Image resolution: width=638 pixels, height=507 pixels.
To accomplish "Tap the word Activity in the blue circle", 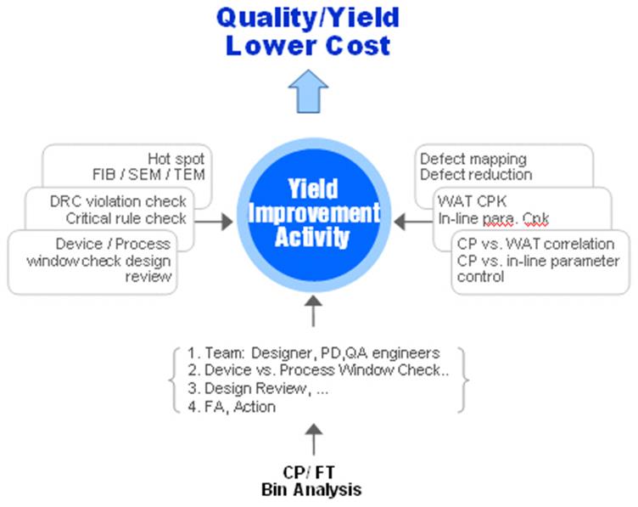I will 312,236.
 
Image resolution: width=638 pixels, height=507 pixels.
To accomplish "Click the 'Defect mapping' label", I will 473,159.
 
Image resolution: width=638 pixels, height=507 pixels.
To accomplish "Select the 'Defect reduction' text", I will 476,174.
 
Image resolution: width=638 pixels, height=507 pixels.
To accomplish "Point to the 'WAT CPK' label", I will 465,202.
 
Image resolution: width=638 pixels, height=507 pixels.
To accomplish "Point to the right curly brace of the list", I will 464,379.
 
